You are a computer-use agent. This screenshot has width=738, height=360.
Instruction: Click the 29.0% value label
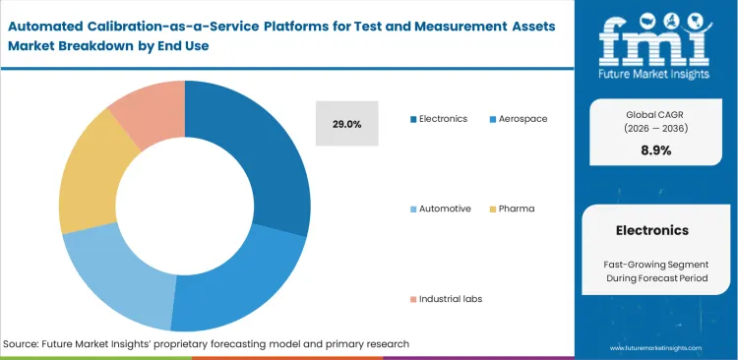346,124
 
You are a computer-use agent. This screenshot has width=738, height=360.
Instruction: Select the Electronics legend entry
439,119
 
